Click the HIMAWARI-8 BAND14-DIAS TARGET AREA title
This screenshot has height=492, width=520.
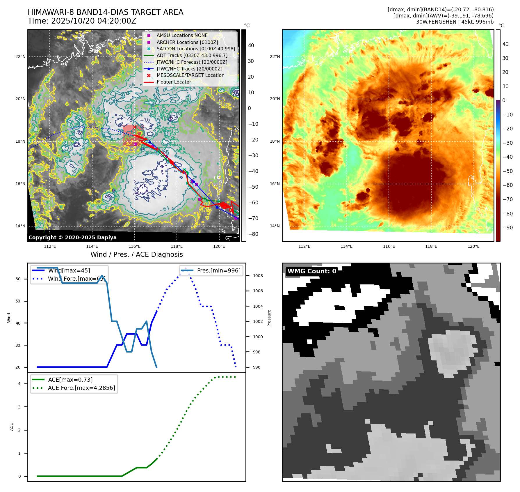(105, 12)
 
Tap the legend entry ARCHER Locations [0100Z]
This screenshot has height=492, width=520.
(187, 42)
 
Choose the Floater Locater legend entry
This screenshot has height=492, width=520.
(174, 82)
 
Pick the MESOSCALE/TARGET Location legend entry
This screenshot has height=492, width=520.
(190, 75)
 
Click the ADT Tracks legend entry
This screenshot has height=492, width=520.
(192, 55)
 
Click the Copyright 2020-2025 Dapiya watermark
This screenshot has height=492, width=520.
(72, 238)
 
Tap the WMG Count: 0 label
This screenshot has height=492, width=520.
(312, 271)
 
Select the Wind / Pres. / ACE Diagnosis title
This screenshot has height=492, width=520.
(136, 254)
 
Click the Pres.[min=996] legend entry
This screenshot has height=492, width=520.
(218, 270)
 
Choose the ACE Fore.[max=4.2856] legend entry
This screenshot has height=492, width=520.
(81, 388)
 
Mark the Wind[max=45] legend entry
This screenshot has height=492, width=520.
(69, 270)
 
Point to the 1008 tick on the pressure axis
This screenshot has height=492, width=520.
(258, 276)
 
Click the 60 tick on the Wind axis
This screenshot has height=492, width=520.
(18, 279)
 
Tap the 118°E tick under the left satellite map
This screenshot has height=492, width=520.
(177, 246)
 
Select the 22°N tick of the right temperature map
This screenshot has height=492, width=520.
(275, 56)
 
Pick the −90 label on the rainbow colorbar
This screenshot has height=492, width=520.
(508, 228)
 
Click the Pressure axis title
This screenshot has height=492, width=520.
(269, 318)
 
